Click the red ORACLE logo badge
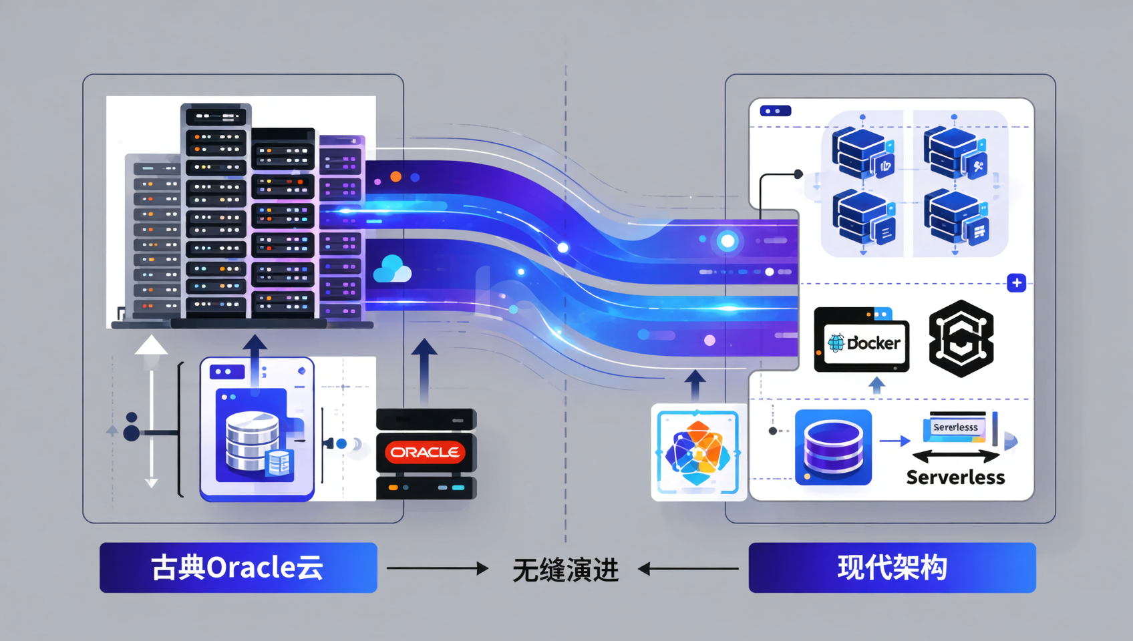pyautogui.click(x=426, y=452)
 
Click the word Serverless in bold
pyautogui.click(x=955, y=477)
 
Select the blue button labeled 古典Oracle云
pyautogui.click(x=238, y=568)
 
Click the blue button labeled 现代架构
pyautogui.click(x=892, y=568)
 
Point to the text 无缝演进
pyautogui.click(x=565, y=570)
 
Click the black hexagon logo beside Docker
pyautogui.click(x=961, y=339)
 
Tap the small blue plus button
pyautogui.click(x=1016, y=283)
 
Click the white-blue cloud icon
pyautogui.click(x=392, y=269)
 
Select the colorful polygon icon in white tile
pyautogui.click(x=698, y=452)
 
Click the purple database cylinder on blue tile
pyautogui.click(x=833, y=447)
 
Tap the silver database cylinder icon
pyautogui.click(x=253, y=440)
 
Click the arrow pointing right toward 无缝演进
pyautogui.click(x=438, y=568)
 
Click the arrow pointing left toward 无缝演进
pyautogui.click(x=688, y=569)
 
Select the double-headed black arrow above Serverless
pyautogui.click(x=955, y=457)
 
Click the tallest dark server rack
pyautogui.click(x=216, y=210)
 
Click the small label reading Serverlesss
pyautogui.click(x=955, y=427)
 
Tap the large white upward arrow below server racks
pyautogui.click(x=151, y=346)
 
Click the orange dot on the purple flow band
pyautogui.click(x=396, y=176)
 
